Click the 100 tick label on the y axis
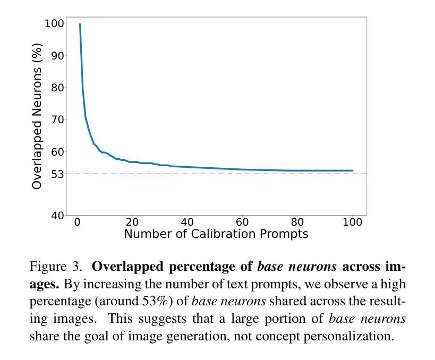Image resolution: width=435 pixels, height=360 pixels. (x=54, y=23)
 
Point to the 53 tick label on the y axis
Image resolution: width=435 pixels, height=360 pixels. (x=57, y=174)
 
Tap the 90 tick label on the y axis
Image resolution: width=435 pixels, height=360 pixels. (x=57, y=56)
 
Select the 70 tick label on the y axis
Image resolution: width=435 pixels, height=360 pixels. (x=57, y=119)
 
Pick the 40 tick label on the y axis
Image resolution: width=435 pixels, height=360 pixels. (x=57, y=215)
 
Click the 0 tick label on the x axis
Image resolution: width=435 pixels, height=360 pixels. (x=78, y=222)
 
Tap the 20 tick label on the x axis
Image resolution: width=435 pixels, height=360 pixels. (x=132, y=222)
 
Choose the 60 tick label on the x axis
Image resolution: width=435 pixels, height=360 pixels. (x=242, y=222)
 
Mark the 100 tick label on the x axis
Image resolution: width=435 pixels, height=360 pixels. (x=352, y=222)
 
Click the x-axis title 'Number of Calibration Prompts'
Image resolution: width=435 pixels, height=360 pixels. (x=216, y=234)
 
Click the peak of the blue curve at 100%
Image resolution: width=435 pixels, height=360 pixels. (x=80, y=24)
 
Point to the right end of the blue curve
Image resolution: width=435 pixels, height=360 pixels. (x=352, y=170)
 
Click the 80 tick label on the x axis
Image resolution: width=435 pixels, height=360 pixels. (x=297, y=222)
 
